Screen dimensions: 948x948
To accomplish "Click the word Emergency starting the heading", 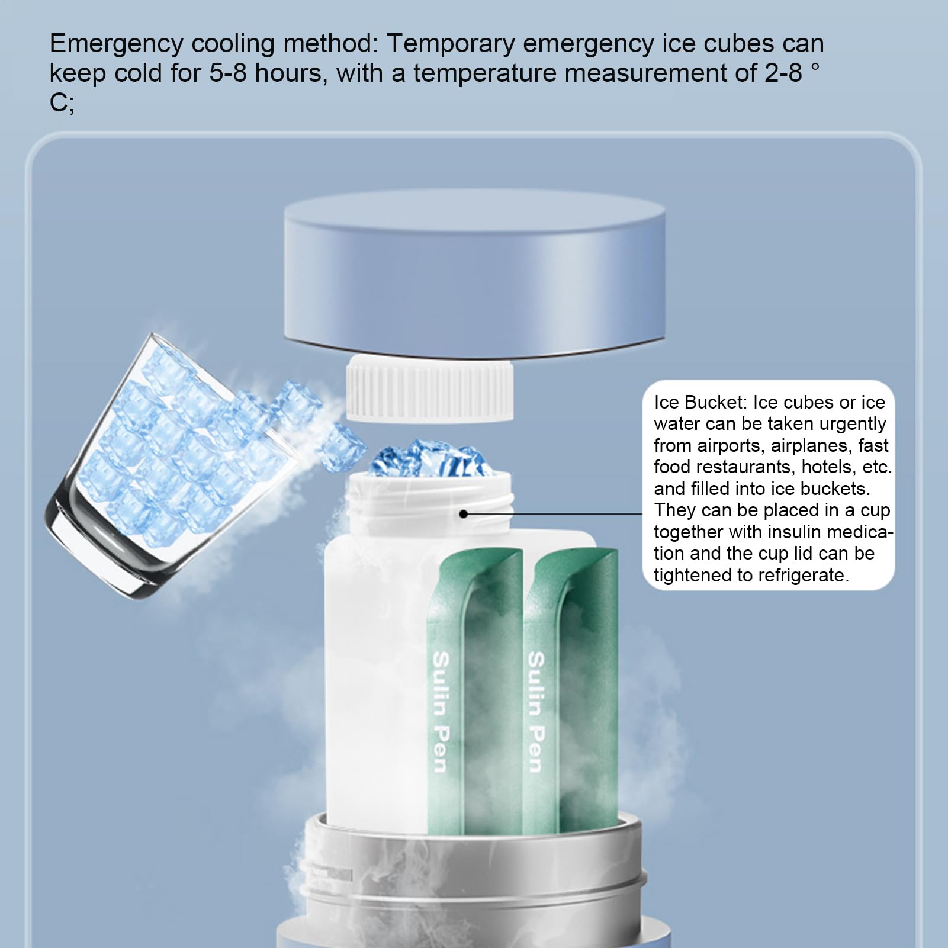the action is click(117, 44).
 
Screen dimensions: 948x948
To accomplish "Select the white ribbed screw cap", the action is click(429, 388).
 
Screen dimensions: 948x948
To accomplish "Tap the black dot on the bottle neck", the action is click(464, 513).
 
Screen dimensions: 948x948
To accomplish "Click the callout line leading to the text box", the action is click(553, 513).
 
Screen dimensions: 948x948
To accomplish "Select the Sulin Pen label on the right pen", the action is click(535, 712).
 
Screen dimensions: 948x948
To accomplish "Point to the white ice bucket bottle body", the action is click(379, 681).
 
